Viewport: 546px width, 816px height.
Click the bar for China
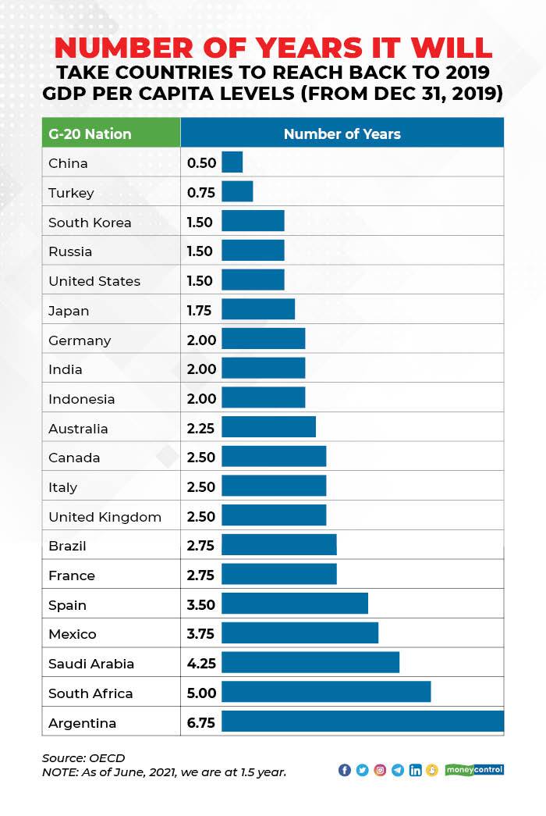(x=232, y=162)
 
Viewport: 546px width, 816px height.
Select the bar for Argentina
(x=363, y=722)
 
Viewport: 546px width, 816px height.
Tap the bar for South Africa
(x=326, y=693)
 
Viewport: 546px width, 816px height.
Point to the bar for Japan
(x=258, y=310)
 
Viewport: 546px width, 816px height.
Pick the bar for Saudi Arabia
(x=310, y=663)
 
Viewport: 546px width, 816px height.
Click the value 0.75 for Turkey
(x=200, y=192)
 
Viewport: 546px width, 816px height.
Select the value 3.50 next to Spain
(x=200, y=604)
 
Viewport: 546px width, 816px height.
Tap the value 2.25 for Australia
(x=200, y=428)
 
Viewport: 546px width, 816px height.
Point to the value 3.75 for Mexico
(x=200, y=633)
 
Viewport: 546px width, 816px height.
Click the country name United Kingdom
(x=105, y=516)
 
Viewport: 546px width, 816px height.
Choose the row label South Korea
(x=90, y=222)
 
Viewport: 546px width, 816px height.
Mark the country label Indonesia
(x=81, y=398)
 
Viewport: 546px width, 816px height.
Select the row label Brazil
(x=67, y=545)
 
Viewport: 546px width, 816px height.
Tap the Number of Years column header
(x=342, y=134)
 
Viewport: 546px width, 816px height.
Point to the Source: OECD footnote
(x=83, y=757)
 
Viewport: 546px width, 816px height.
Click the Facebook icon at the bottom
(x=345, y=770)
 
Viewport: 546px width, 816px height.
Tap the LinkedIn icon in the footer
(x=415, y=770)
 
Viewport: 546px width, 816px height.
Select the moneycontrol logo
(x=474, y=770)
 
